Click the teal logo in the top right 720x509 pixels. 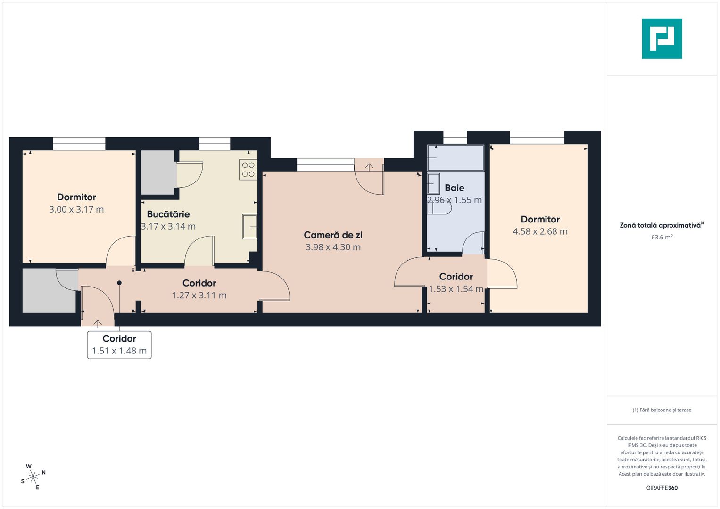tap(662, 39)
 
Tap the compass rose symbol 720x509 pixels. tap(33, 477)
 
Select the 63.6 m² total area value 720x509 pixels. tap(662, 237)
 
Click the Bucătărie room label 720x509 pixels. tap(168, 214)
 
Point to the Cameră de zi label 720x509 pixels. tap(333, 235)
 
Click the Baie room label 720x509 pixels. tap(455, 188)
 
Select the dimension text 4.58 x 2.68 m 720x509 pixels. tap(540, 231)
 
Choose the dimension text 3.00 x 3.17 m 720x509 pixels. tap(76, 209)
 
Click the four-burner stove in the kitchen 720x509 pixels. tap(248, 170)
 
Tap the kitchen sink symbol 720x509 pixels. tap(249, 226)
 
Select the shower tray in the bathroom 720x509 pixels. tap(455, 158)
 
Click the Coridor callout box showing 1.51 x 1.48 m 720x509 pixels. tap(119, 345)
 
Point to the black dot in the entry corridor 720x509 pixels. tap(119, 283)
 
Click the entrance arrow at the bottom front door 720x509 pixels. tap(98, 323)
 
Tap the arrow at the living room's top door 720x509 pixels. tap(369, 166)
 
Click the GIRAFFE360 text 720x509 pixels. tap(662, 488)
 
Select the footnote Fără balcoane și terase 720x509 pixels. tap(662, 410)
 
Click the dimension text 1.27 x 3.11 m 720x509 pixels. tap(199, 295)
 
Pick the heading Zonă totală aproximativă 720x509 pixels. tap(660, 225)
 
